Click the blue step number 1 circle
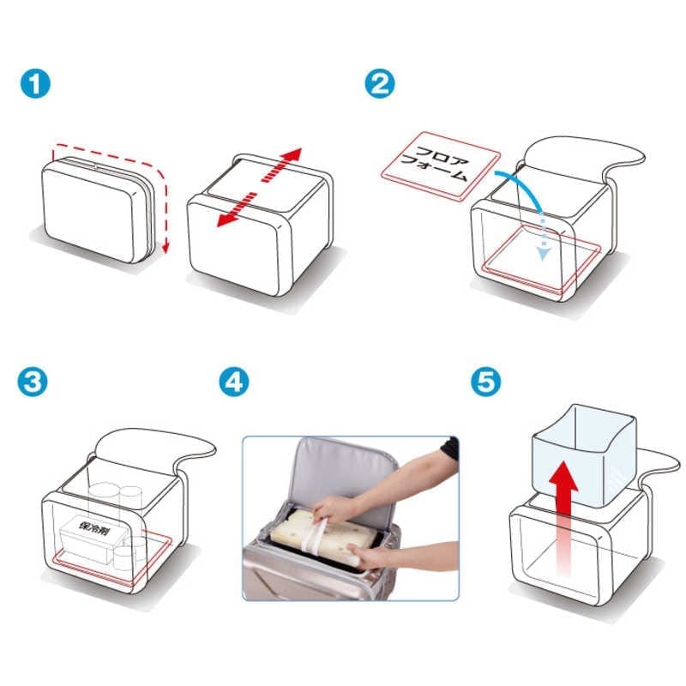click(35, 83)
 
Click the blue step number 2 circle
click(380, 83)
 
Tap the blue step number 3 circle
click(33, 382)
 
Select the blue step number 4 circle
click(234, 382)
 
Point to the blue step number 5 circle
click(486, 382)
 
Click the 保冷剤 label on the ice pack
click(94, 528)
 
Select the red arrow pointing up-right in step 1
click(282, 165)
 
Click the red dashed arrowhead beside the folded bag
click(165, 249)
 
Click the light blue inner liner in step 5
click(584, 455)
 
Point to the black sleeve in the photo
click(450, 448)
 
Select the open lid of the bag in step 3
click(154, 449)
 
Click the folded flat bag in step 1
click(99, 210)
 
